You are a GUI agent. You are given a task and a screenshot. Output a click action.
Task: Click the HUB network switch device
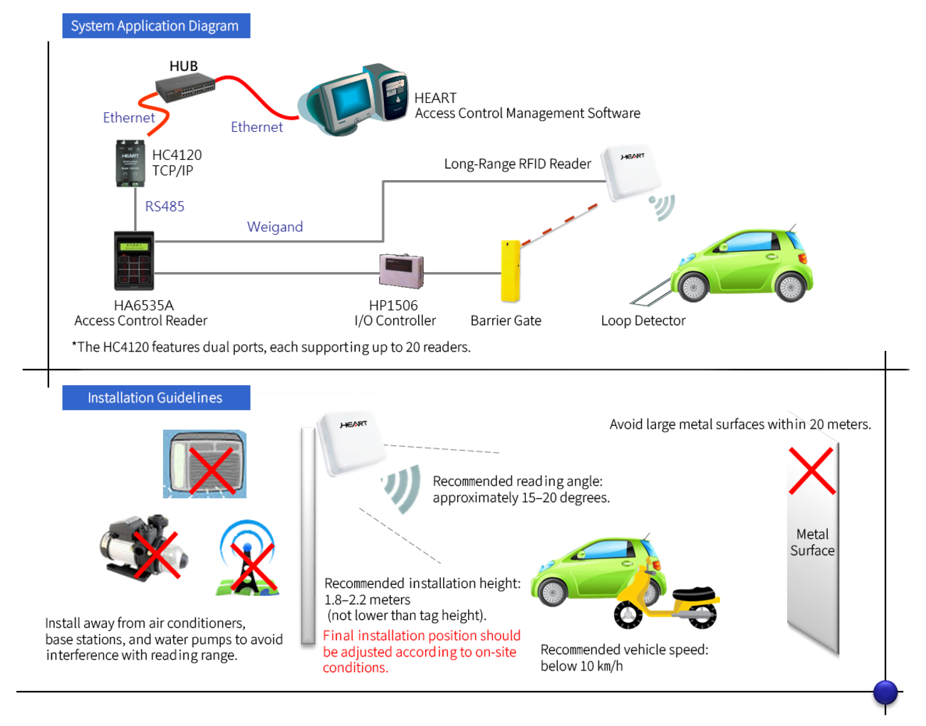(185, 88)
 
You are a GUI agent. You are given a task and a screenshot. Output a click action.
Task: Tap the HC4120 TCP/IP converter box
(130, 163)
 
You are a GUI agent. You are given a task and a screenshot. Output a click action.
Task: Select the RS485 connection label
(164, 207)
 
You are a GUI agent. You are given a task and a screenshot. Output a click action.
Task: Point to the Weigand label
(275, 227)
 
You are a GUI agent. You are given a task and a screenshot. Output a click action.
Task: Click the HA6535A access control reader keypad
(134, 261)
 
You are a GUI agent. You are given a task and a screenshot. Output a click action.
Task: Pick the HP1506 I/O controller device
(401, 271)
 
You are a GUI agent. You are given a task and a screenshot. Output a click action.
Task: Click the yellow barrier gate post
(510, 271)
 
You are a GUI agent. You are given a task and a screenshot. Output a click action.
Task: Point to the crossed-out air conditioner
(205, 464)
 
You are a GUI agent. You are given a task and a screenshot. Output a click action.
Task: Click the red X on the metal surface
(812, 471)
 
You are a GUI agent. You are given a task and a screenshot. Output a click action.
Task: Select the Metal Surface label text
(812, 542)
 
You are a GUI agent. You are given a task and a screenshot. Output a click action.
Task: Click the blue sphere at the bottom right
(885, 692)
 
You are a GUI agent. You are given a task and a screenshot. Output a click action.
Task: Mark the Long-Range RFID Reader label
(517, 164)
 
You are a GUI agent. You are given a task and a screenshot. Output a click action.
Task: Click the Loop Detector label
(643, 320)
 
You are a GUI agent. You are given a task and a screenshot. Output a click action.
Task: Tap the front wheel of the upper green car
(693, 287)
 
